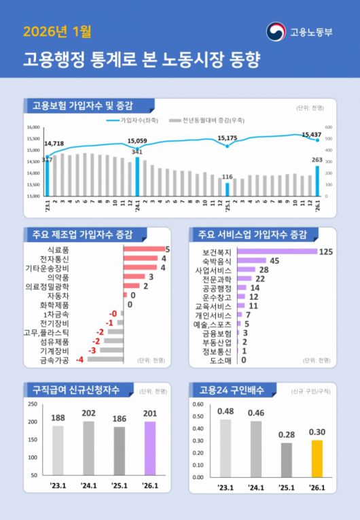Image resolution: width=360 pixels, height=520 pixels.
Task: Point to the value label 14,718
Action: pyautogui.click(x=54, y=143)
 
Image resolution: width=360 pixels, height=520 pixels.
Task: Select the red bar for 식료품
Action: pyautogui.click(x=143, y=249)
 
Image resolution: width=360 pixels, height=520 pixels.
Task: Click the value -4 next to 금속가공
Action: pyautogui.click(x=79, y=360)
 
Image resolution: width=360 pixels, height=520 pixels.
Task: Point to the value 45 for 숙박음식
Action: pyautogui.click(x=274, y=260)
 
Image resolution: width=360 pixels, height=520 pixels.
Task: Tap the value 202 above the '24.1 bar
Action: pyautogui.click(x=88, y=412)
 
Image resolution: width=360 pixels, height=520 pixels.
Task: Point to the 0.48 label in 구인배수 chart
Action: pyautogui.click(x=226, y=411)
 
